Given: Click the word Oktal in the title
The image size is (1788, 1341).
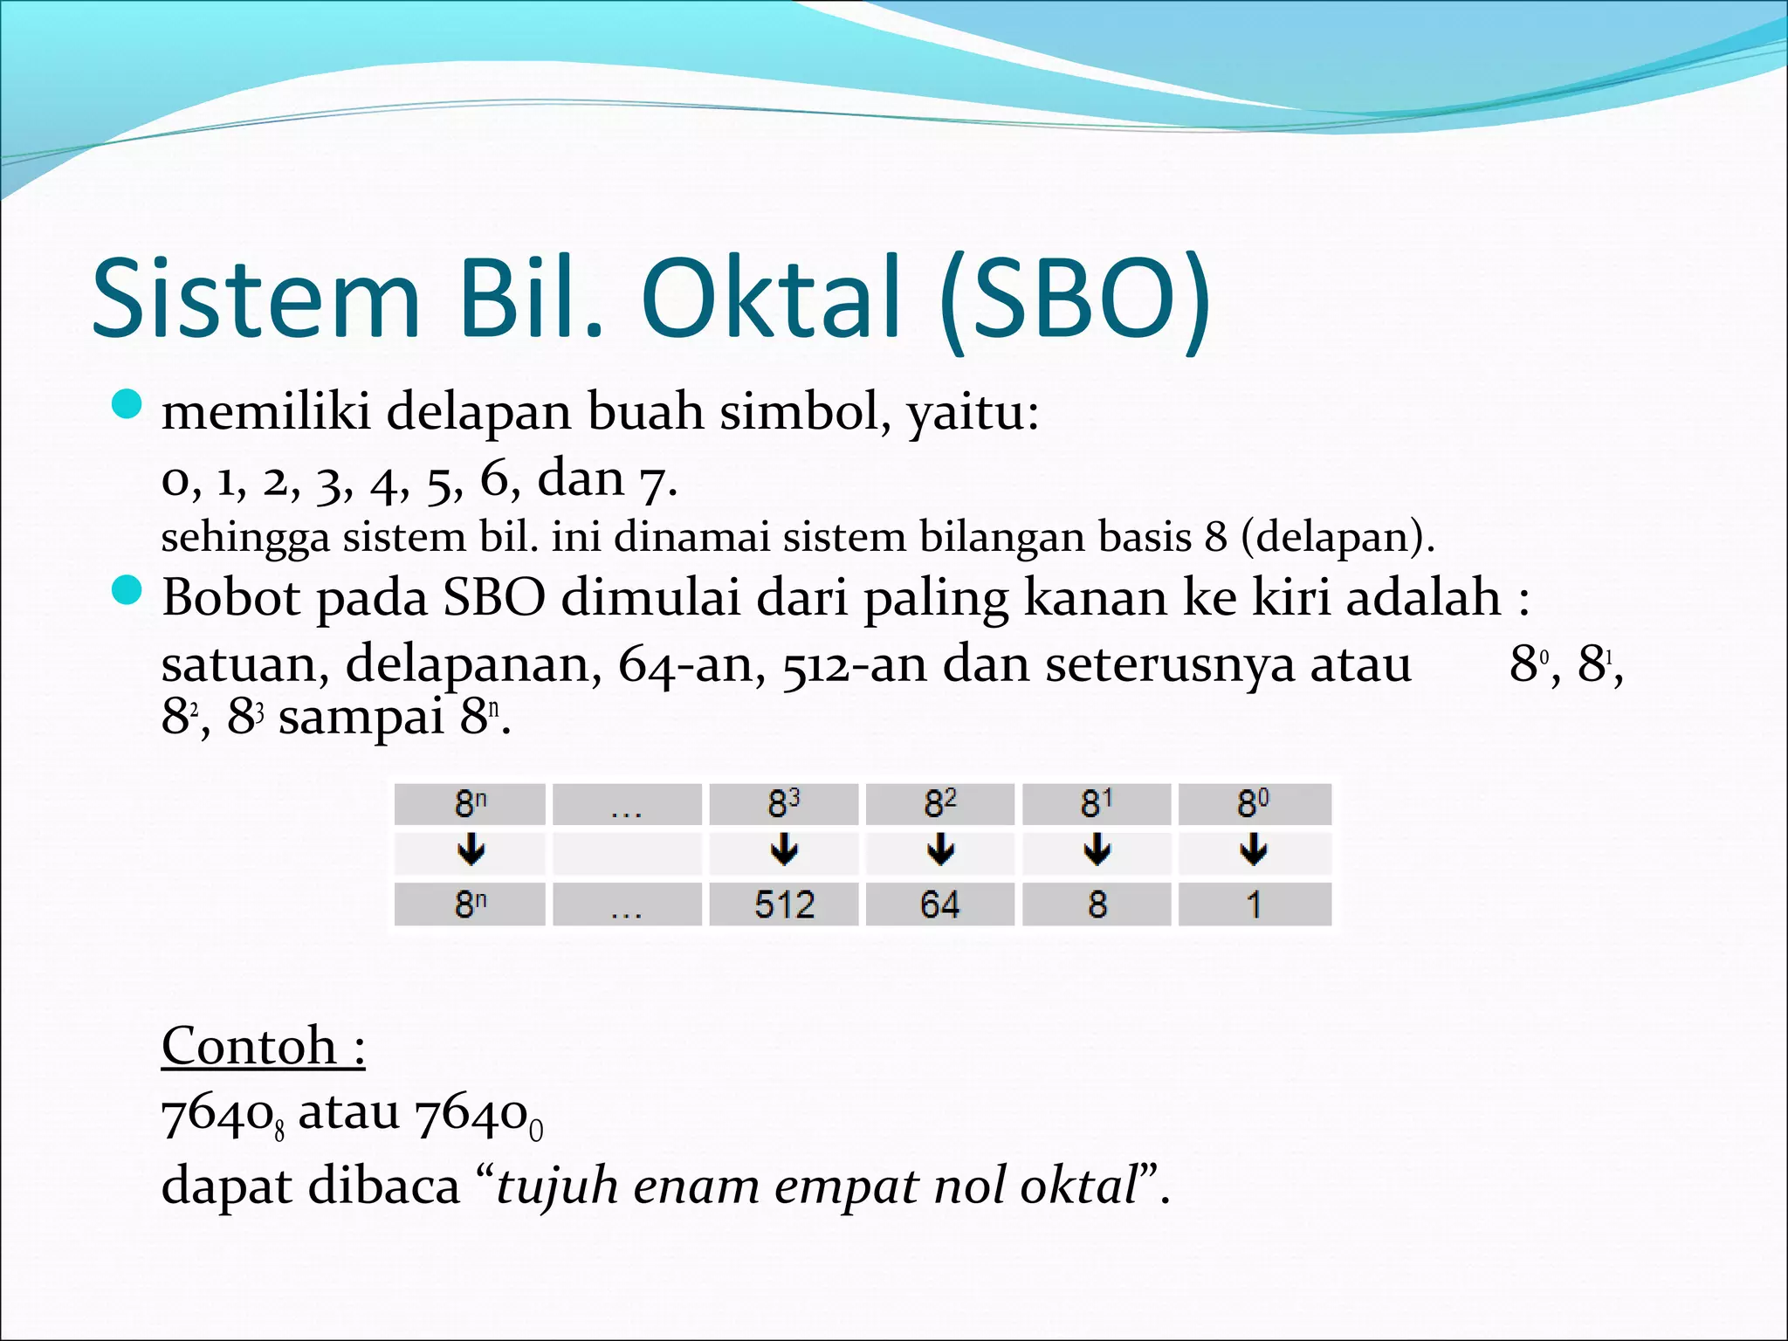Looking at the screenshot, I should (x=770, y=299).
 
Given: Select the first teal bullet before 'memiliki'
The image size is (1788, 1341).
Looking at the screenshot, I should (x=127, y=404).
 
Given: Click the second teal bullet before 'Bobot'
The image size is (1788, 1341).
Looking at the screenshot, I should (x=127, y=591).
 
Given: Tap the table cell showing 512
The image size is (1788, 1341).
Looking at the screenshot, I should (x=783, y=904).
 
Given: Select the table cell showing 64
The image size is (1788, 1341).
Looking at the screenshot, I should (x=939, y=904).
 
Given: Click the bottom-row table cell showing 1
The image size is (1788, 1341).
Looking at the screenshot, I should (x=1254, y=904).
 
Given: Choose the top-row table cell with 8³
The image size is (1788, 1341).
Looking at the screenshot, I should (x=783, y=804).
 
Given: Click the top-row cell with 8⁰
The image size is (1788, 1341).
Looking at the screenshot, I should (x=1254, y=804).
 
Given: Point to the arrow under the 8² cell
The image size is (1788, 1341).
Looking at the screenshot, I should (x=939, y=849).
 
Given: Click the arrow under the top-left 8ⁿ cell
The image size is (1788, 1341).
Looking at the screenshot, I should (x=470, y=849).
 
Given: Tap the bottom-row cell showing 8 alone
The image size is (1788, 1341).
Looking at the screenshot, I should (x=1097, y=904).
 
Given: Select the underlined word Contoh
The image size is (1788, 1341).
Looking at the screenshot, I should (x=250, y=1046).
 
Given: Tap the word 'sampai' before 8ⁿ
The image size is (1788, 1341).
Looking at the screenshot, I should (x=361, y=718).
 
